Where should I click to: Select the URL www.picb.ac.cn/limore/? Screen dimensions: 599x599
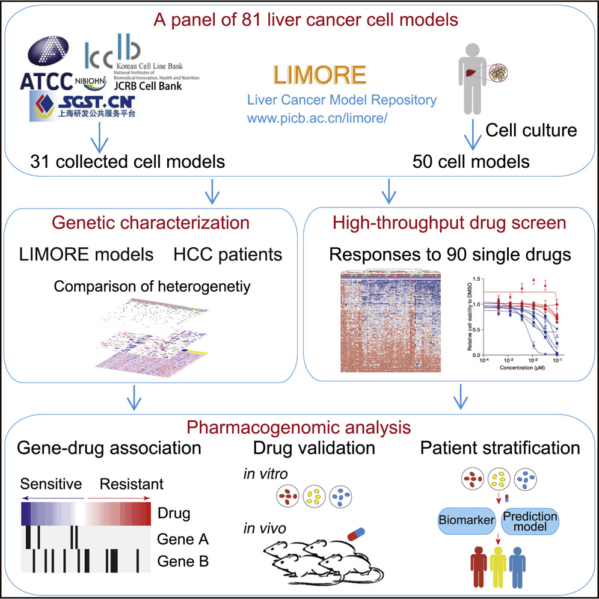(x=315, y=117)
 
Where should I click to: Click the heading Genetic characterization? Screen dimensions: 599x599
(x=150, y=223)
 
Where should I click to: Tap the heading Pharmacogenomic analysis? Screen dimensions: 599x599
(x=298, y=428)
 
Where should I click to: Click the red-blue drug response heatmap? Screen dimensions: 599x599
(x=390, y=322)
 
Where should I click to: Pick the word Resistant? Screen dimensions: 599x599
(x=131, y=484)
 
